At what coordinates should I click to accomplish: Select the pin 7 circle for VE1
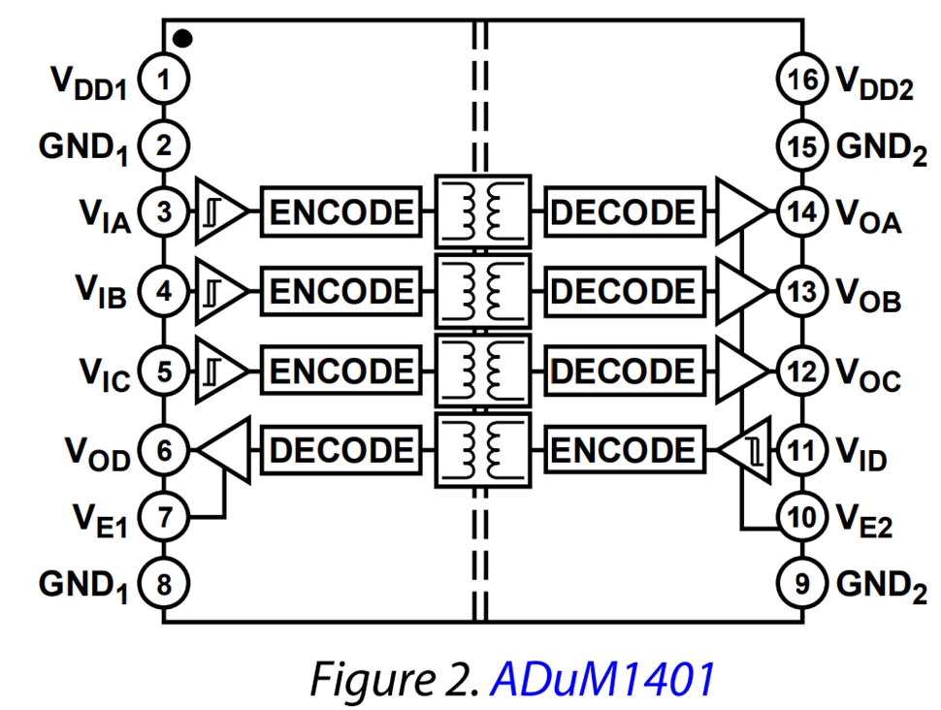pyautogui.click(x=164, y=516)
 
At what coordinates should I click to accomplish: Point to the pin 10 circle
pyautogui.click(x=801, y=516)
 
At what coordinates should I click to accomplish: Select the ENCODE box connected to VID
pyautogui.click(x=623, y=450)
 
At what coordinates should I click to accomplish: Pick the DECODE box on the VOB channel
pyautogui.click(x=623, y=291)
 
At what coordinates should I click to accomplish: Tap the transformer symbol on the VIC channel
pyautogui.click(x=482, y=371)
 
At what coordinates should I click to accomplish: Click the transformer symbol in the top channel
pyautogui.click(x=482, y=211)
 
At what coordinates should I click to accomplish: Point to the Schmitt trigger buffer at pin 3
pyautogui.click(x=219, y=211)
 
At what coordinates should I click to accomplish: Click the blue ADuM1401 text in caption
pyautogui.click(x=601, y=678)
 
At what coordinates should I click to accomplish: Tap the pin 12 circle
pyautogui.click(x=801, y=371)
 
